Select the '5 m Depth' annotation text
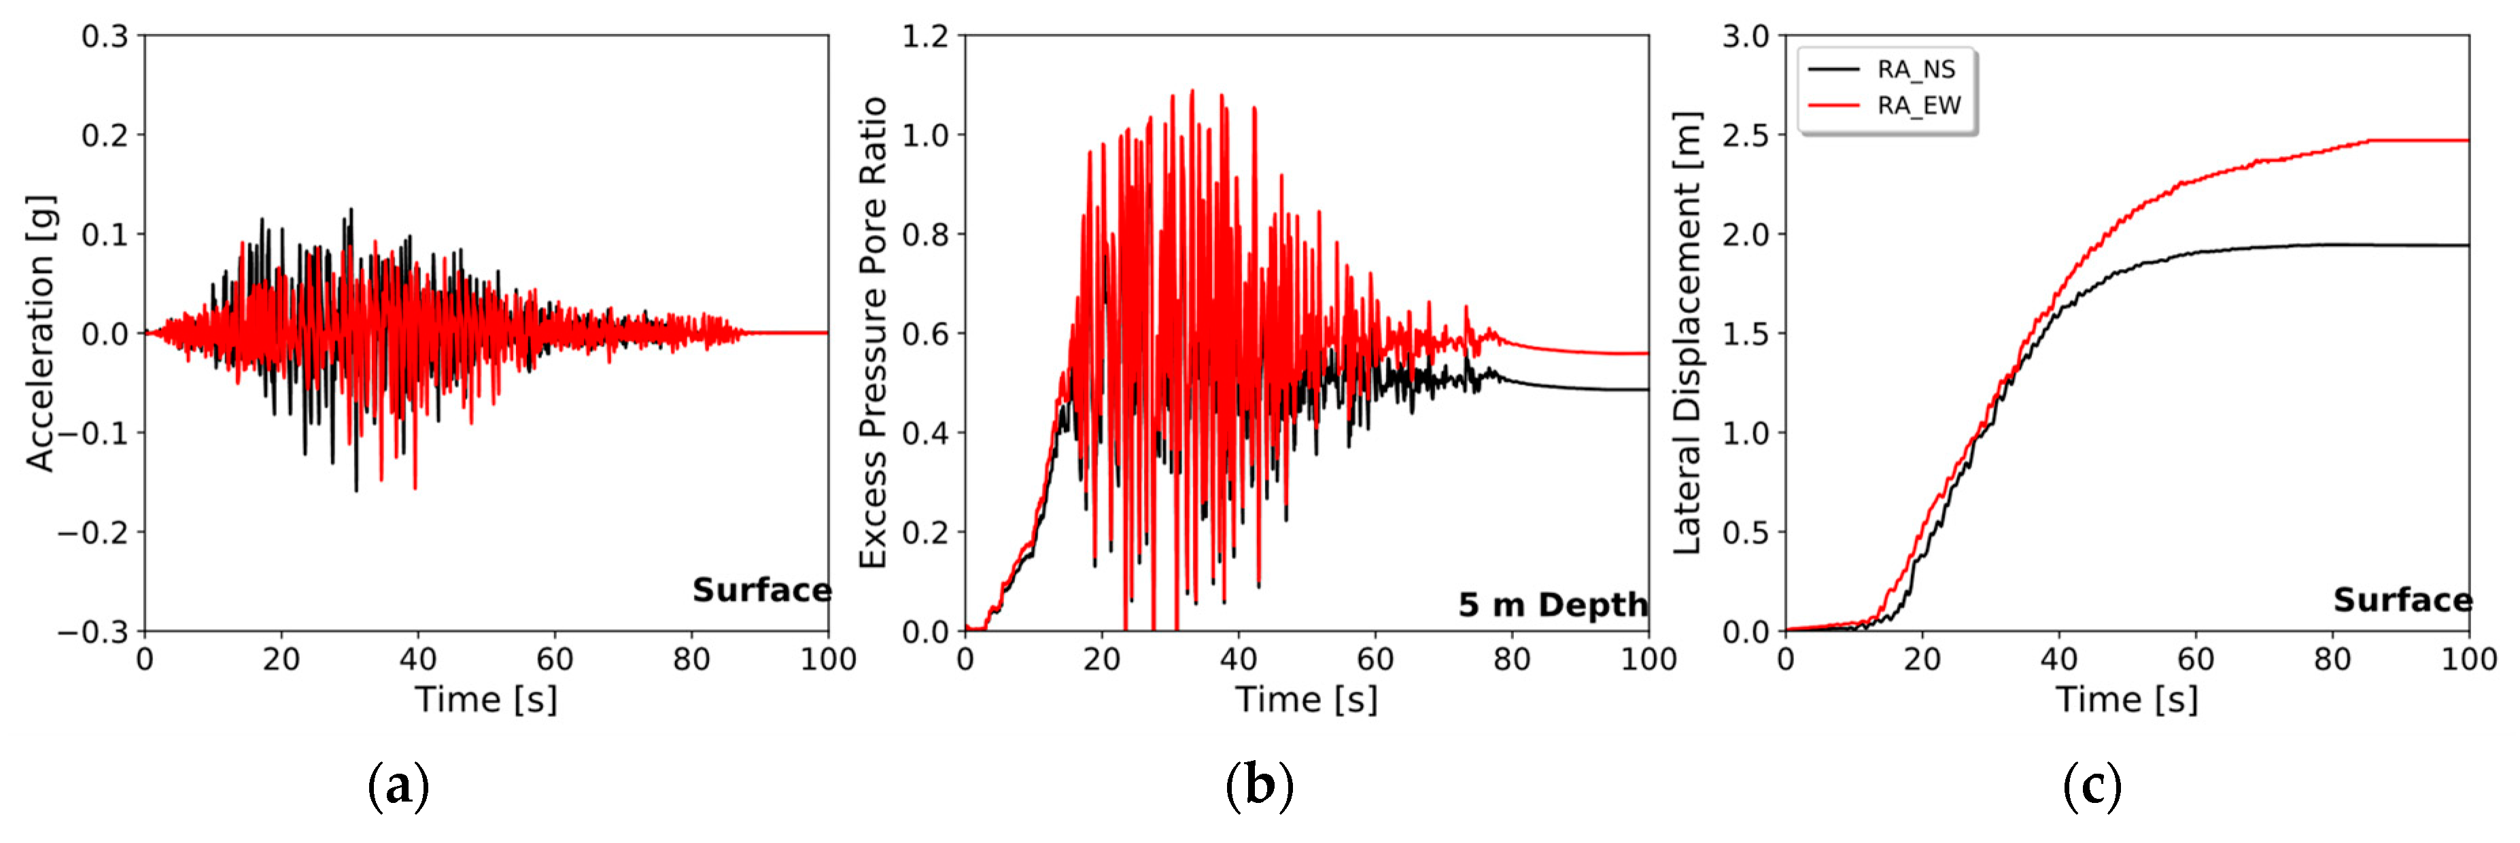[x=1551, y=605]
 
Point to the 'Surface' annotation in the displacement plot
[x=2402, y=600]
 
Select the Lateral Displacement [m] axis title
[x=1687, y=332]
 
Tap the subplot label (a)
[x=398, y=785]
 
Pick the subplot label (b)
[x=1259, y=785]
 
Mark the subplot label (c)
[x=2092, y=785]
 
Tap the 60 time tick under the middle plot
[x=1375, y=659]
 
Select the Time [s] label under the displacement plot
[x=2126, y=699]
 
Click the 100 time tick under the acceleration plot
[x=827, y=659]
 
